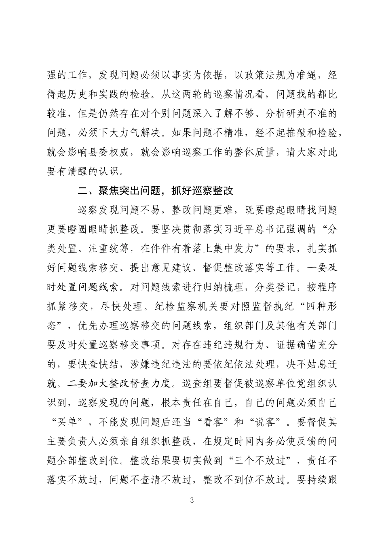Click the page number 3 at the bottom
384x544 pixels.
[192, 500]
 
